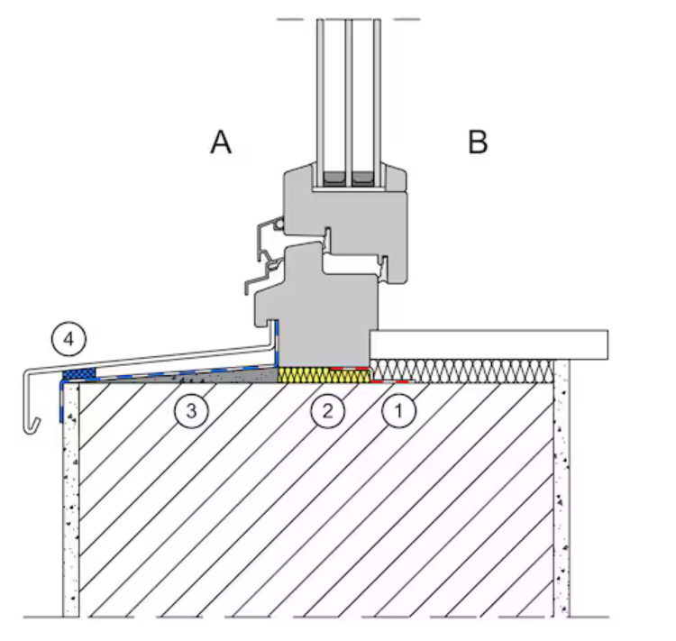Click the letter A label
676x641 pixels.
click(x=221, y=142)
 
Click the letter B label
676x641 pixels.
click(x=478, y=142)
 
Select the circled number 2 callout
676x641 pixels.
click(x=326, y=410)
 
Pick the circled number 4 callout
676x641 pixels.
click(x=69, y=341)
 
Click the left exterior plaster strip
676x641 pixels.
click(x=70, y=505)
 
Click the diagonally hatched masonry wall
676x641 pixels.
click(x=315, y=505)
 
